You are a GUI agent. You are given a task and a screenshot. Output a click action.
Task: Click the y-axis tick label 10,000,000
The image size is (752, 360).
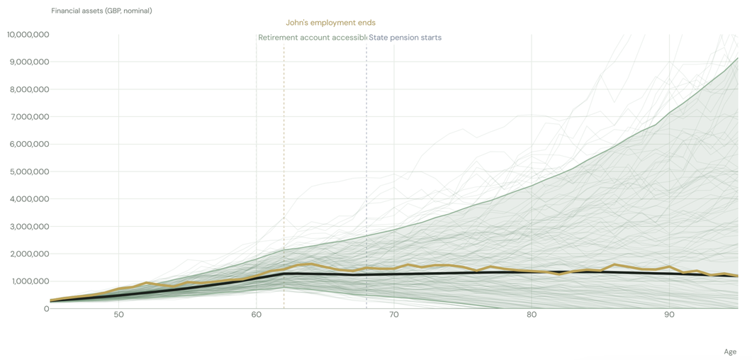coord(28,35)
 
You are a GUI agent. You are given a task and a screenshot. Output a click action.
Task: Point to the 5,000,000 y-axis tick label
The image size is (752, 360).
coord(30,171)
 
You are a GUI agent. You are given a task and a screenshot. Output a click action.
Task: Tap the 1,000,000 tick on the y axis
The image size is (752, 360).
coord(30,281)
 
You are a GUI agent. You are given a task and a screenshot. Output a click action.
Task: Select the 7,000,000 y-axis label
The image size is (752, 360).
coord(30,117)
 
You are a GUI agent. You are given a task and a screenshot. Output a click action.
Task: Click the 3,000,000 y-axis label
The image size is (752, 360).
coord(30,226)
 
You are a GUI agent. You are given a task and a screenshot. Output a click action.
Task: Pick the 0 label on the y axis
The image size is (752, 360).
coord(47,309)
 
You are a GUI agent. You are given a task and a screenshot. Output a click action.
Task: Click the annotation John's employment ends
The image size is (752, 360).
coord(330,23)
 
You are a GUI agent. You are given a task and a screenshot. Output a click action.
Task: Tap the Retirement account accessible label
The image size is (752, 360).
coord(313,38)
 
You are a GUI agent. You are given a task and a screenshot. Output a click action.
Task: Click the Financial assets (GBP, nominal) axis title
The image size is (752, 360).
coord(101,11)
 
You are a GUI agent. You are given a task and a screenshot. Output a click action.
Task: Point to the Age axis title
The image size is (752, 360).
coord(730,352)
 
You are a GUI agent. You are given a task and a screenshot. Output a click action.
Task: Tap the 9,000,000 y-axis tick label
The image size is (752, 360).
coord(30,62)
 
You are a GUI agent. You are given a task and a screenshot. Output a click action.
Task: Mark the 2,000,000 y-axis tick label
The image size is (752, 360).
coord(30,254)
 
